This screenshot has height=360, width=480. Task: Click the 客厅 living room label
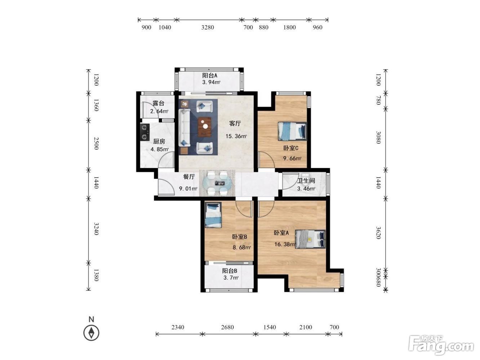coord(235,124)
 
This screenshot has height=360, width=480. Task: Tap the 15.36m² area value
coord(236,136)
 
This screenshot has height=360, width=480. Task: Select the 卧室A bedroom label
coord(281,233)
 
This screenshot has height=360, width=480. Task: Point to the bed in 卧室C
coord(292,131)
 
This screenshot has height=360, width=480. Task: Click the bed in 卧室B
coord(213,215)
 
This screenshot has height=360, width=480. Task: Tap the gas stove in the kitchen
coord(145,132)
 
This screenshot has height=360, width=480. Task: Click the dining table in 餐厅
coord(217,183)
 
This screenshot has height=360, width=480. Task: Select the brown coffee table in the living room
coord(205,127)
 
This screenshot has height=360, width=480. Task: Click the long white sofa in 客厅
coord(184,128)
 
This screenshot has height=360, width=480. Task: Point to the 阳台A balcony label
coord(210,76)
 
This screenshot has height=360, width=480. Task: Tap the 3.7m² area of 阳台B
coord(231,278)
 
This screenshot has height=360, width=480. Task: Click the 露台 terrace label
coord(158,103)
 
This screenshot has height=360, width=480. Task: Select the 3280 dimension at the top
coord(208,27)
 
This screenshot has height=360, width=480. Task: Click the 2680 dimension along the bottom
coord(227,327)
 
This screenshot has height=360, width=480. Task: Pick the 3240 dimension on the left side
coord(96,229)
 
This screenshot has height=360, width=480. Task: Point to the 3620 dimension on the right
coord(378,233)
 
